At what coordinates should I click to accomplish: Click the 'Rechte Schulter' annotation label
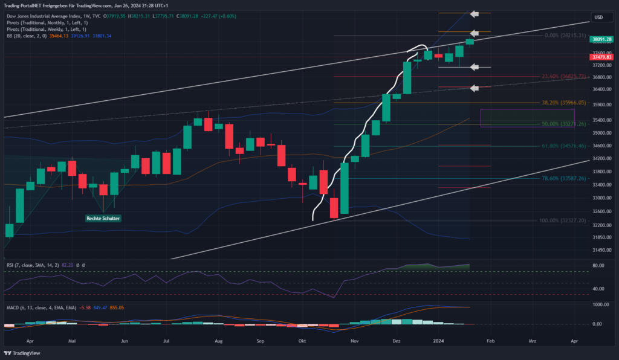click(103, 218)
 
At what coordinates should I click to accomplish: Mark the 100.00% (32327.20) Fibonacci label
click(562, 220)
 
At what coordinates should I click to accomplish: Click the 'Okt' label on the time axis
click(302, 341)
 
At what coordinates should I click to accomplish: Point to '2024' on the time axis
click(441, 341)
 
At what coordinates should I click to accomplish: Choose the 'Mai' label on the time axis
click(73, 341)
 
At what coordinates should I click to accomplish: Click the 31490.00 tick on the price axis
click(600, 250)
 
